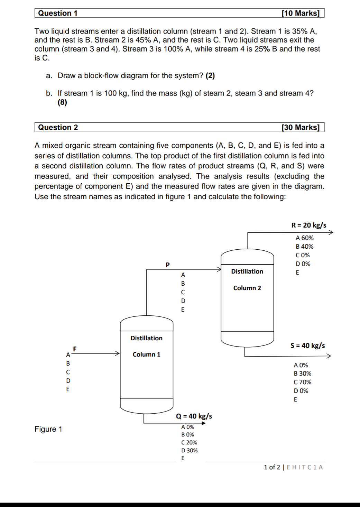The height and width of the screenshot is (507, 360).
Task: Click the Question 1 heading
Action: [58, 13]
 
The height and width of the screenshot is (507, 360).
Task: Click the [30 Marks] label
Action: [300, 127]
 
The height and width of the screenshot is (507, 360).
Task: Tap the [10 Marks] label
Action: [300, 13]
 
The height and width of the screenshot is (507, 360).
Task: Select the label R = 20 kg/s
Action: [308, 225]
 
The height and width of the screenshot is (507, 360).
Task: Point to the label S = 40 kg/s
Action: [307, 345]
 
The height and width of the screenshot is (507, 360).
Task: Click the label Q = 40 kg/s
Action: [194, 416]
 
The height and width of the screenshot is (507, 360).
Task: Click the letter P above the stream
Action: [168, 265]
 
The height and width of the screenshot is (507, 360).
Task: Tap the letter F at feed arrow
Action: [75, 349]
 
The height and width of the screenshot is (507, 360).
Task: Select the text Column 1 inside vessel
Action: [146, 354]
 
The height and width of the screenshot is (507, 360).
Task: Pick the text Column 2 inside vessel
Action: [247, 288]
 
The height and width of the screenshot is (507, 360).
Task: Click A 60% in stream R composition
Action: [304, 238]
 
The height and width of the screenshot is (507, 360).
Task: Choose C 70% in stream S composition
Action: [302, 382]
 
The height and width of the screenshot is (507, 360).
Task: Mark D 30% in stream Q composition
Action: [189, 450]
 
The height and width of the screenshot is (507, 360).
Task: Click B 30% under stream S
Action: [302, 374]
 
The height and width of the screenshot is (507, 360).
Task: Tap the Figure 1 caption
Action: [48, 429]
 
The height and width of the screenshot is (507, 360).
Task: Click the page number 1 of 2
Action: [272, 467]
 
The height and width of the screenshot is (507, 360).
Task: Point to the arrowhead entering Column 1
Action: [117, 353]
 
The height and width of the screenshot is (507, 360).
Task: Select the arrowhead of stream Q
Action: [204, 423]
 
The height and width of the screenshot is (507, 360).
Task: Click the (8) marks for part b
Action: [62, 102]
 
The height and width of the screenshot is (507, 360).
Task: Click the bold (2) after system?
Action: [210, 76]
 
